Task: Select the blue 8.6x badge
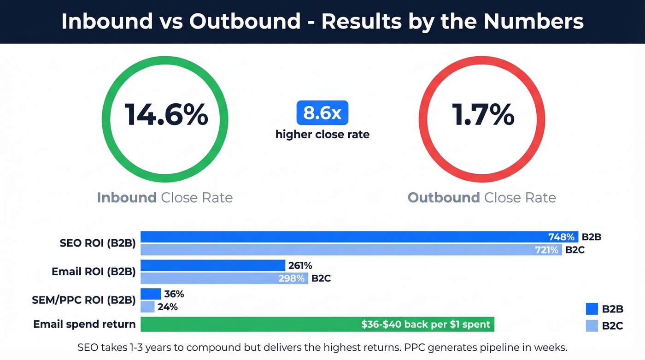pos(322,113)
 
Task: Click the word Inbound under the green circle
pos(127,198)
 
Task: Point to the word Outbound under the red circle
pos(444,198)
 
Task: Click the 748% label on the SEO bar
pos(561,237)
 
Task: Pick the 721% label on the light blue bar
pos(546,250)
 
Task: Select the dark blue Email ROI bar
pos(213,266)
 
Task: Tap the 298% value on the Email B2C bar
pos(291,278)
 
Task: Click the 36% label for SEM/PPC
pos(174,294)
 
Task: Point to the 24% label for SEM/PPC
pos(168,307)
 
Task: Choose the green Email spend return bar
pos(317,324)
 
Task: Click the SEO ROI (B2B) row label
pos(98,243)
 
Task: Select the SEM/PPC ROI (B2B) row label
pos(83,301)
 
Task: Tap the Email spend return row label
pos(84,324)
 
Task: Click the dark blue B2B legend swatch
pos(592,309)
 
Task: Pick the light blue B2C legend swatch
pos(592,325)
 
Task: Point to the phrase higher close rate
pos(322,135)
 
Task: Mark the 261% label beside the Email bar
pos(300,266)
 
